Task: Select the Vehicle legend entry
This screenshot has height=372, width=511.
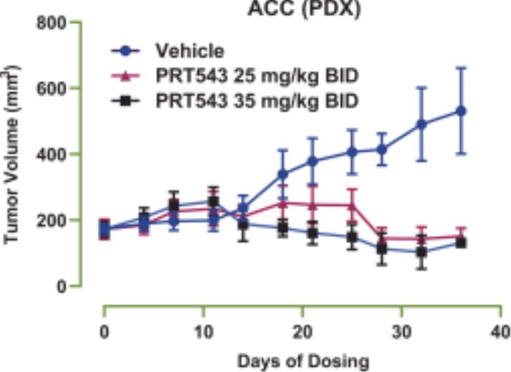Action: [x=190, y=51]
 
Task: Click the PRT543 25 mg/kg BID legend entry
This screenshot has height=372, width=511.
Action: [x=256, y=75]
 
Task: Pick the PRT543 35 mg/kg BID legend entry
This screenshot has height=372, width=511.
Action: [x=256, y=100]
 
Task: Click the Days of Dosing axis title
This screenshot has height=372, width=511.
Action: [x=302, y=361]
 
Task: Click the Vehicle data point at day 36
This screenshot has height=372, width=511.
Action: [x=462, y=111]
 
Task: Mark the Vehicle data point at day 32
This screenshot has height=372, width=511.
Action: [x=421, y=124]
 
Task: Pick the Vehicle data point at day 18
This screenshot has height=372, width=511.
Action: [x=282, y=174]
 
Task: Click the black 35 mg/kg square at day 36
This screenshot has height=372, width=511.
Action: [x=462, y=242]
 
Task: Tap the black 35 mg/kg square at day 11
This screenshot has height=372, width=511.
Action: [x=213, y=201]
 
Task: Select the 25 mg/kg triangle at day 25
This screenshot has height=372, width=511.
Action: [x=352, y=205]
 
